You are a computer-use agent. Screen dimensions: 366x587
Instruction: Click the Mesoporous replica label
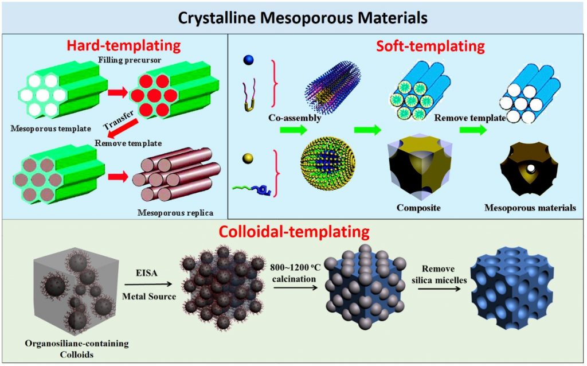point(175,213)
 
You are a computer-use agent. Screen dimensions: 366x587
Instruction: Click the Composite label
point(418,208)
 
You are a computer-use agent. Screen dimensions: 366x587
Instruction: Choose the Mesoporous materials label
point(530,208)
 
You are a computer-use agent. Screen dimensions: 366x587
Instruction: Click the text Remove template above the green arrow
point(469,118)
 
